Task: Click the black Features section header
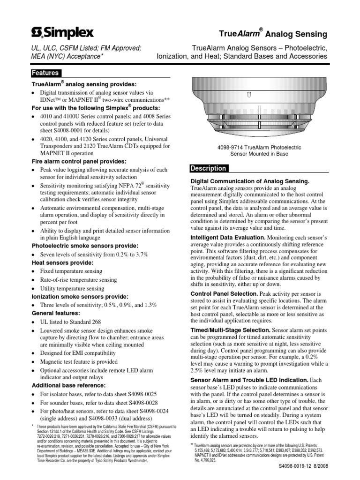coord(45,73)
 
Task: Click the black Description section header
coord(208,168)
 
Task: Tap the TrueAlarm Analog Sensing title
coord(274,34)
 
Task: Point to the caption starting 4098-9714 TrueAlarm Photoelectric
coord(259,150)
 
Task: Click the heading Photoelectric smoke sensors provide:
coord(84,246)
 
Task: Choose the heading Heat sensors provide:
coord(62,262)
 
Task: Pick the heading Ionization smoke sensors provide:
coord(80,297)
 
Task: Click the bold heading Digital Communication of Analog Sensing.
coord(249,181)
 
